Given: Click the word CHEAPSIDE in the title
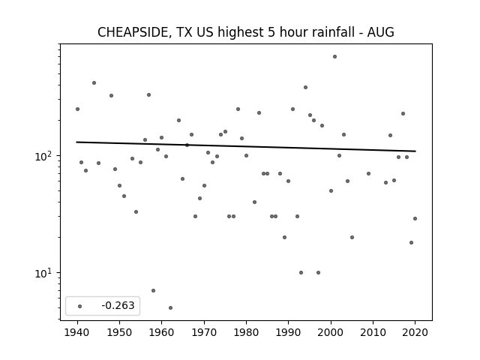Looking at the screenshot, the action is click(x=133, y=32).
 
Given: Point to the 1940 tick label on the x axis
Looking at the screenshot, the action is click(x=77, y=332).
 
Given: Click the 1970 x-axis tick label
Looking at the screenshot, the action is click(x=204, y=332).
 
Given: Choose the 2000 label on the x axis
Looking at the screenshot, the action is click(x=331, y=332).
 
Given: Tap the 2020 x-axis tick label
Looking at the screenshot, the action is click(x=415, y=332).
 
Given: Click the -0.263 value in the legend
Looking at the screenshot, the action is click(x=118, y=305).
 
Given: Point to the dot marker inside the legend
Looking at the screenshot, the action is click(x=80, y=306).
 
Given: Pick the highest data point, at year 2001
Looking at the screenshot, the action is click(x=335, y=57).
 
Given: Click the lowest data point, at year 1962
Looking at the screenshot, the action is click(x=170, y=307).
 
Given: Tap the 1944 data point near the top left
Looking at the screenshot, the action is click(x=94, y=83).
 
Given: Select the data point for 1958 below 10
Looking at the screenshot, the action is click(x=153, y=290).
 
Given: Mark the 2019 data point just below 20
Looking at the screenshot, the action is click(x=411, y=242).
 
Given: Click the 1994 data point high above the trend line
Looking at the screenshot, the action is click(x=305, y=88).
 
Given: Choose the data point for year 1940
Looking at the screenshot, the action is click(x=77, y=109).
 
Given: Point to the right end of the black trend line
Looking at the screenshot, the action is click(x=415, y=151).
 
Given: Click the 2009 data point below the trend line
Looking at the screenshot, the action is click(x=368, y=173).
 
